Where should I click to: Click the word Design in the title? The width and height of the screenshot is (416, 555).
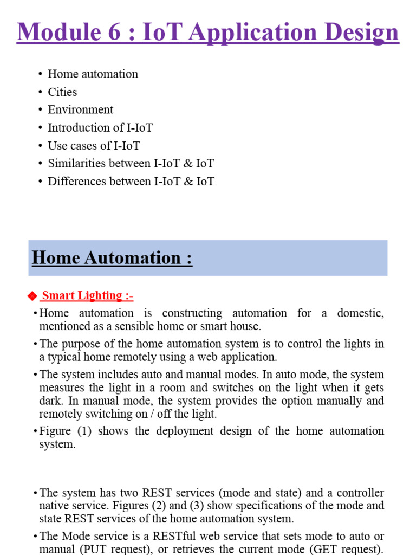360,33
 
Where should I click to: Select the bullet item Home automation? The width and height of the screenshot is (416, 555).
93,74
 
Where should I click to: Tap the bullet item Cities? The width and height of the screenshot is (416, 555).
62,92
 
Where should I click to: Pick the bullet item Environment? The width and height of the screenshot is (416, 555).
80,109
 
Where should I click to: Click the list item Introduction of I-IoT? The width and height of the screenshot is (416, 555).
100,127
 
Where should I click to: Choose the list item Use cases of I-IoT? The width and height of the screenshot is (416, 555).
94,145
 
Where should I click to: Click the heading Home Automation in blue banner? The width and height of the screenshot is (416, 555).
112,257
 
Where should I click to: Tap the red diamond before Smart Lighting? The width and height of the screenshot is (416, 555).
31,296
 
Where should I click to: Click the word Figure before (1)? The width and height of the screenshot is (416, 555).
56,431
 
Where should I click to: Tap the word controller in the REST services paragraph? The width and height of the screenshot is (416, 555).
360,493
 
